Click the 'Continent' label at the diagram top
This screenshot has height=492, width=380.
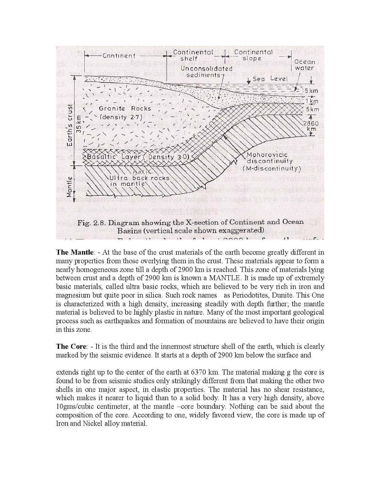tap(119, 56)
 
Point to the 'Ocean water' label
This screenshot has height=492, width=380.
tap(304, 65)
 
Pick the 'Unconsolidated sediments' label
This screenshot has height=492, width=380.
tap(202, 72)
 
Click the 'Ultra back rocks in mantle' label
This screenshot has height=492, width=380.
tap(139, 181)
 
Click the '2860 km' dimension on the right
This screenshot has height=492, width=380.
tap(311, 126)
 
